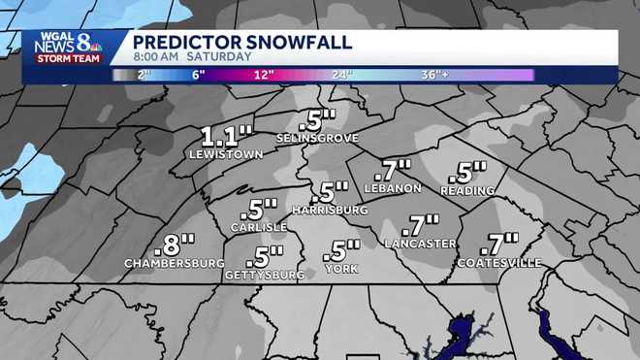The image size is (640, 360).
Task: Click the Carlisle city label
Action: tap(259, 227)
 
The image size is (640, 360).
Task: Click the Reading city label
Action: tap(467, 190)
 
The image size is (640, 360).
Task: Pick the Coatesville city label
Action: tap(498, 264)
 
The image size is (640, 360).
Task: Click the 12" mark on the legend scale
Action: tap(263, 75)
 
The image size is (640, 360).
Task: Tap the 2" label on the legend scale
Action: tap(145, 75)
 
